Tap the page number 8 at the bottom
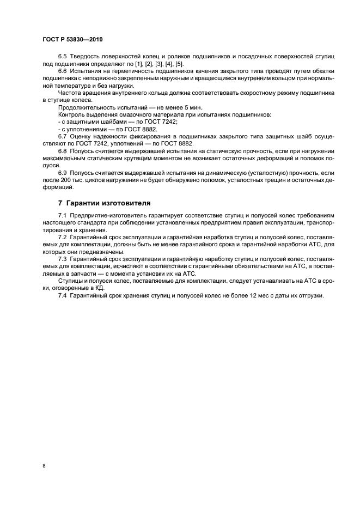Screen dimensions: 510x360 (44, 466)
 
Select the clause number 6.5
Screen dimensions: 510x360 (62, 57)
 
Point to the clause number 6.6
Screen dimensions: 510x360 (62, 71)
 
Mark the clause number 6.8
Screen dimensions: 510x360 (62, 149)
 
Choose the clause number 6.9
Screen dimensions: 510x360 (62, 171)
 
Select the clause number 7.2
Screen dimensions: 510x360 (62, 239)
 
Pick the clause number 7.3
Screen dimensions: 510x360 (62, 260)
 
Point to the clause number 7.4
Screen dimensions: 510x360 (62, 295)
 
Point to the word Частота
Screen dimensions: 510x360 (71, 93)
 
